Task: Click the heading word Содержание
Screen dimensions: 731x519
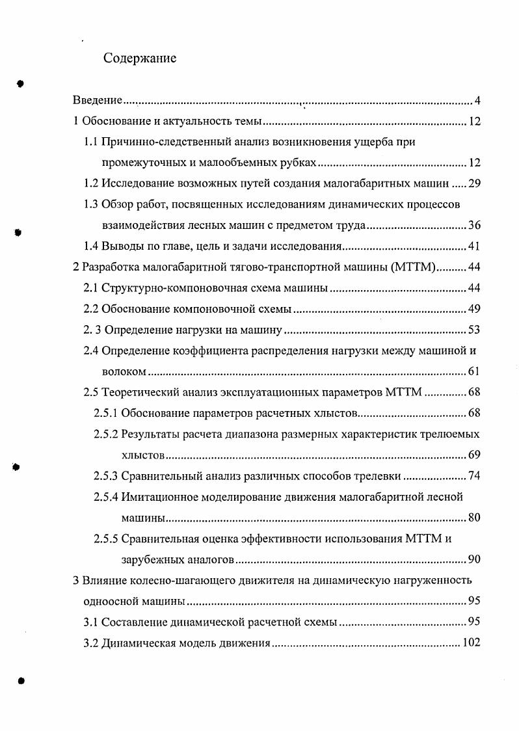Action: coord(140,59)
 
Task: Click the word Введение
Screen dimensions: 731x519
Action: coord(97,101)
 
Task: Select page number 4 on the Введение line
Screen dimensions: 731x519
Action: coord(477,101)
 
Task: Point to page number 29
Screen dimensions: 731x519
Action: coord(474,183)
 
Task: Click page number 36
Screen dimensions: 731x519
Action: coord(474,226)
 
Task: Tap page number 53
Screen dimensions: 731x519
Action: coord(474,330)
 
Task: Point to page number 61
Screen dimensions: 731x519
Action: coord(474,372)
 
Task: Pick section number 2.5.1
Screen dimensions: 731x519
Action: coord(105,414)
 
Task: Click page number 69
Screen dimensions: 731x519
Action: coord(474,455)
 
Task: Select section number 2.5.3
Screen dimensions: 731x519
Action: coord(105,476)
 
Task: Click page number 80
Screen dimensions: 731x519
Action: coord(474,518)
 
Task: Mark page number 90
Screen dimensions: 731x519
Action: coord(474,560)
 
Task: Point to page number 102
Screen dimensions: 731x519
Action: coord(471,643)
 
